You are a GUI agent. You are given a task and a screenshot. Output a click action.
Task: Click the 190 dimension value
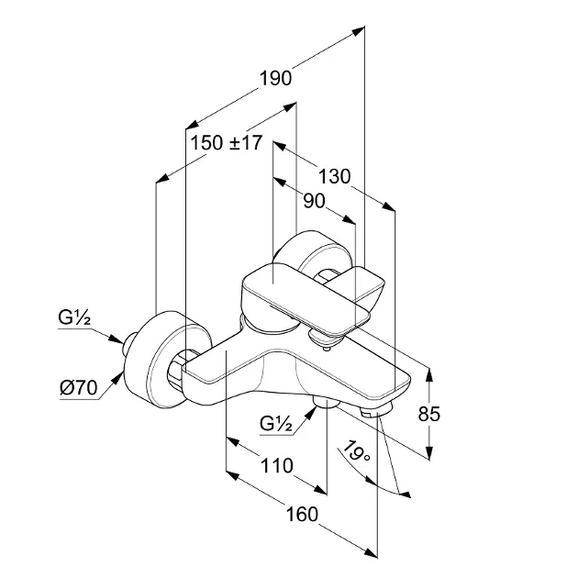(275, 78)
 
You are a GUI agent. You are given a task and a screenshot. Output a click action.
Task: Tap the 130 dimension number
(334, 176)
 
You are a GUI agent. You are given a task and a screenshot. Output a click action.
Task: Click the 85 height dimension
(428, 414)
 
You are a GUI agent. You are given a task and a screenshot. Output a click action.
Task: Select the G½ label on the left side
(74, 318)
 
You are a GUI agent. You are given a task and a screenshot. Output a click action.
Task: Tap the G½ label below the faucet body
(275, 424)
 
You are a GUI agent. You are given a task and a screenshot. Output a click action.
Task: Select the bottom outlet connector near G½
(323, 403)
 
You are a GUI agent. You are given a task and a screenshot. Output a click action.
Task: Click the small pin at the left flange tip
(128, 344)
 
